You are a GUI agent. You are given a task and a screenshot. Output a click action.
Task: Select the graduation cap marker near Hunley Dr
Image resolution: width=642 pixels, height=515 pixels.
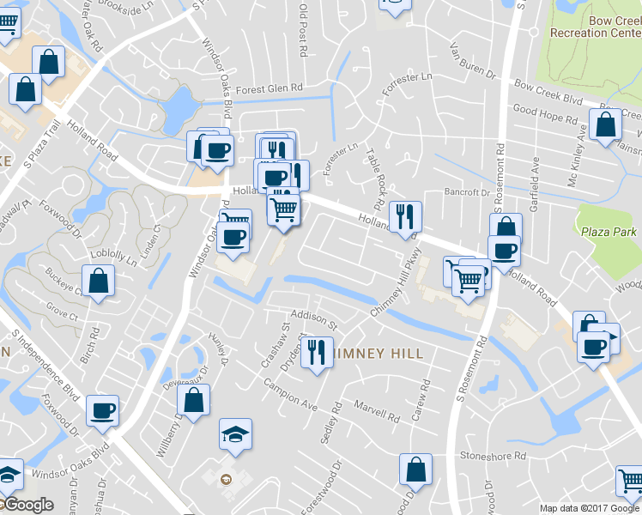click(235, 435)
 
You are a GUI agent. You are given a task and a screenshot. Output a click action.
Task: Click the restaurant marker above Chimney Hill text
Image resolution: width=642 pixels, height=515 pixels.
click(316, 352)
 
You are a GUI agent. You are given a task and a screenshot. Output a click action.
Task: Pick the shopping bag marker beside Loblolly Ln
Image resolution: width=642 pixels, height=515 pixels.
click(99, 281)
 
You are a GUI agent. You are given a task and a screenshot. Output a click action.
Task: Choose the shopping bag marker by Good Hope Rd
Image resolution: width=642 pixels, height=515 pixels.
click(606, 124)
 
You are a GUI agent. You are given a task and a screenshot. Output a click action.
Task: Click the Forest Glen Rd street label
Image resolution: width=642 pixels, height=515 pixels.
click(270, 88)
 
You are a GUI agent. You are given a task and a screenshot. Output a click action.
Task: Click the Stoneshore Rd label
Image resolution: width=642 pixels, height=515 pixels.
click(492, 456)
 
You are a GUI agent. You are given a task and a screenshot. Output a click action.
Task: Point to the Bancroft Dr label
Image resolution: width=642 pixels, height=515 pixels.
click(466, 192)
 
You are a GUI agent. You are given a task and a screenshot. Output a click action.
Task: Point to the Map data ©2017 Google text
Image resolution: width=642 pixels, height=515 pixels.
click(589, 508)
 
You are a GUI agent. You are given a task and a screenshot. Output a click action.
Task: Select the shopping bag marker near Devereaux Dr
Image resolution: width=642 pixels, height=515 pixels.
click(194, 399)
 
